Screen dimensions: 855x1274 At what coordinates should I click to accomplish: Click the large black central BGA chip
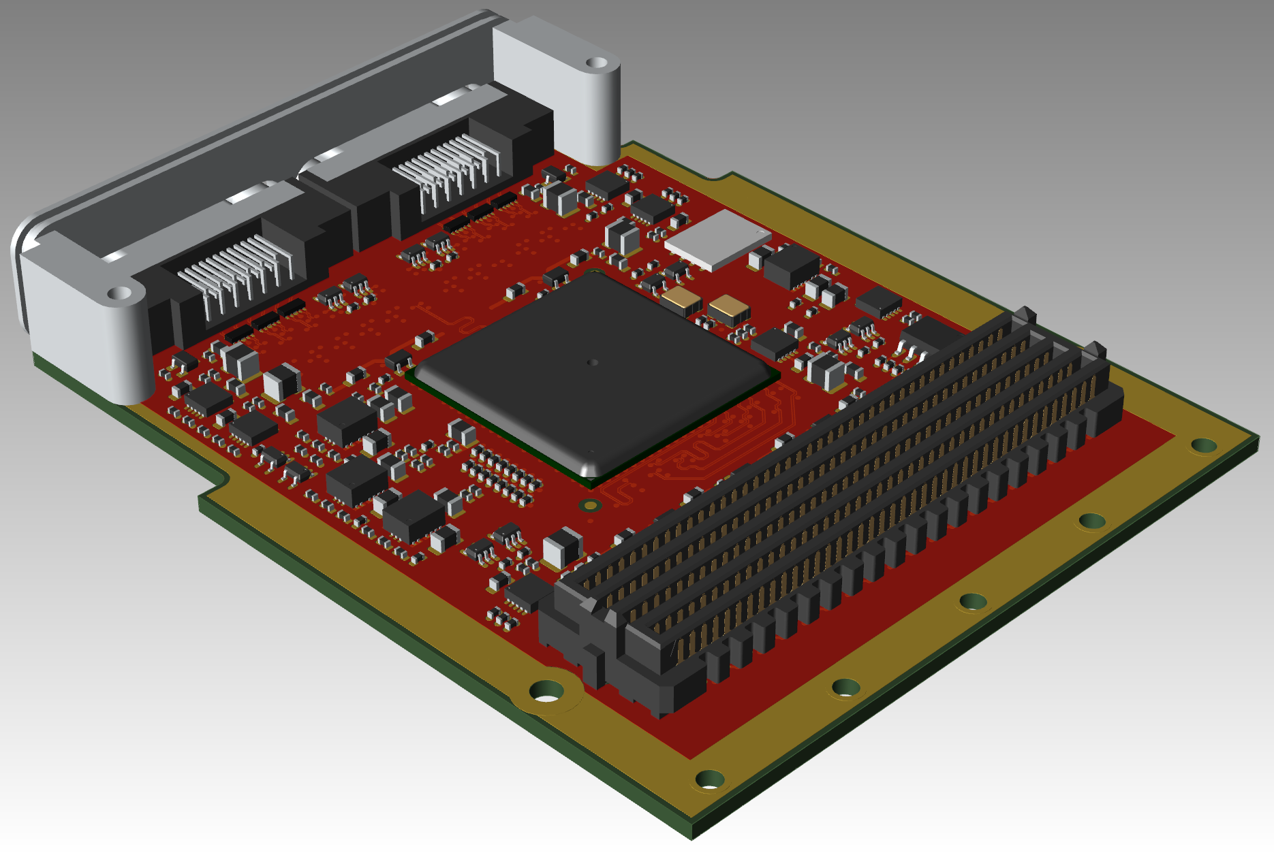[x=593, y=371]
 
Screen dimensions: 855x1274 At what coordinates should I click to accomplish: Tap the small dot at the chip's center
[x=592, y=363]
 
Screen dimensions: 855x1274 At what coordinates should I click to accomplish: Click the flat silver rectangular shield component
[x=717, y=238]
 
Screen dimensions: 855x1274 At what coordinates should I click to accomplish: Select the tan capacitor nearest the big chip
[x=681, y=300]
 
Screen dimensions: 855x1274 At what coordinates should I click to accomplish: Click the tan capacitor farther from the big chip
[x=728, y=310]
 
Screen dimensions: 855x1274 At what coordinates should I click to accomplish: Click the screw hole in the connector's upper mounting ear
[x=597, y=63]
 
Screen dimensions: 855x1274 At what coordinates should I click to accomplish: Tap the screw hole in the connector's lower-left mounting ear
[x=120, y=293]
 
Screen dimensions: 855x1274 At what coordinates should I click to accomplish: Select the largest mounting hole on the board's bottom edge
[x=546, y=692]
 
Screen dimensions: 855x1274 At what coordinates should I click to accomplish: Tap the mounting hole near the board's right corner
[x=1203, y=446]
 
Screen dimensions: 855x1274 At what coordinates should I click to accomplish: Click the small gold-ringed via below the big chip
[x=590, y=505]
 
